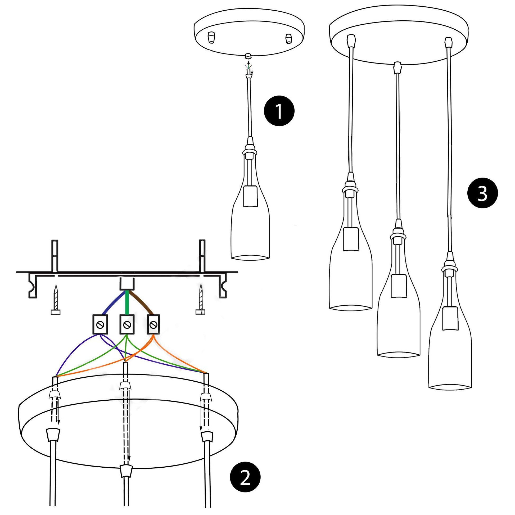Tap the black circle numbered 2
[x=245, y=479]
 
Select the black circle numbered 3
[x=482, y=193]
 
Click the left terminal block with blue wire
[x=100, y=324]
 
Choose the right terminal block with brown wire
[x=153, y=324]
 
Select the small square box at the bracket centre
[x=127, y=283]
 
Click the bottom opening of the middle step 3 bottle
[x=399, y=354]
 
